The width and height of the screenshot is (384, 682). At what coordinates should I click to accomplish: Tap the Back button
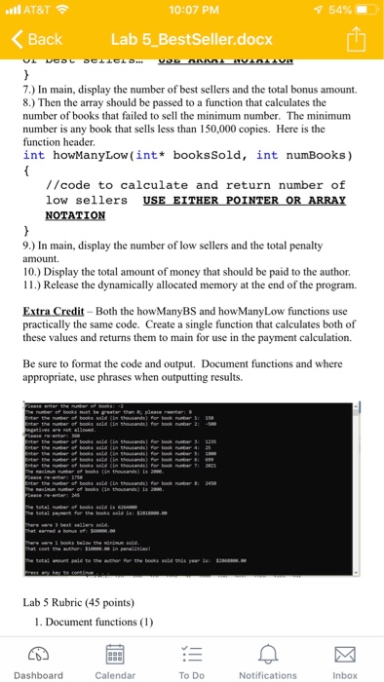pyautogui.click(x=36, y=39)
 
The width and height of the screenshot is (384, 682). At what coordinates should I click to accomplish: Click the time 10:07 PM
pyautogui.click(x=192, y=10)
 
